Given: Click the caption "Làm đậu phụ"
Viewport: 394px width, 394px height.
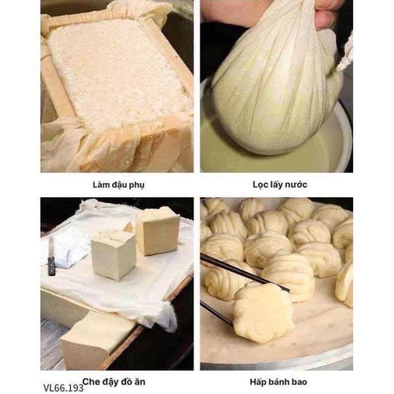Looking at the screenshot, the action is click(x=118, y=185).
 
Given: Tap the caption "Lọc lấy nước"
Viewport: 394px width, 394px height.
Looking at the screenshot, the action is click(x=280, y=185).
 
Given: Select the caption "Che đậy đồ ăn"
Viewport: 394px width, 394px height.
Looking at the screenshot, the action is click(x=114, y=382).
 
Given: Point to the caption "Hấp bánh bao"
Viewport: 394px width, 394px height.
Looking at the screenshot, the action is click(x=279, y=382).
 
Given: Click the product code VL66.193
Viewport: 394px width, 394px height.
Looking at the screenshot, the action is click(x=63, y=388).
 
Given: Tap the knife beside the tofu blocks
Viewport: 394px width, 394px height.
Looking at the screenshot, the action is click(x=51, y=256).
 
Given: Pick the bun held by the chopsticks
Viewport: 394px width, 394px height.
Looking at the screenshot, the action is click(x=263, y=312).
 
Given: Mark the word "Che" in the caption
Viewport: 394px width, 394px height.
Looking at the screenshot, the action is click(x=91, y=382).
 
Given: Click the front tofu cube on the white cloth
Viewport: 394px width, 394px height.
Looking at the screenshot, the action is click(x=114, y=255).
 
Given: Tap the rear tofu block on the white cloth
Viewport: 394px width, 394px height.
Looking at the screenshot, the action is click(x=158, y=231).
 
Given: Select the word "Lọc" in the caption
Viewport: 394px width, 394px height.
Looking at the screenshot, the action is click(x=260, y=185).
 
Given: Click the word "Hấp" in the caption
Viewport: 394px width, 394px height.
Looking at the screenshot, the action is click(x=259, y=382).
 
